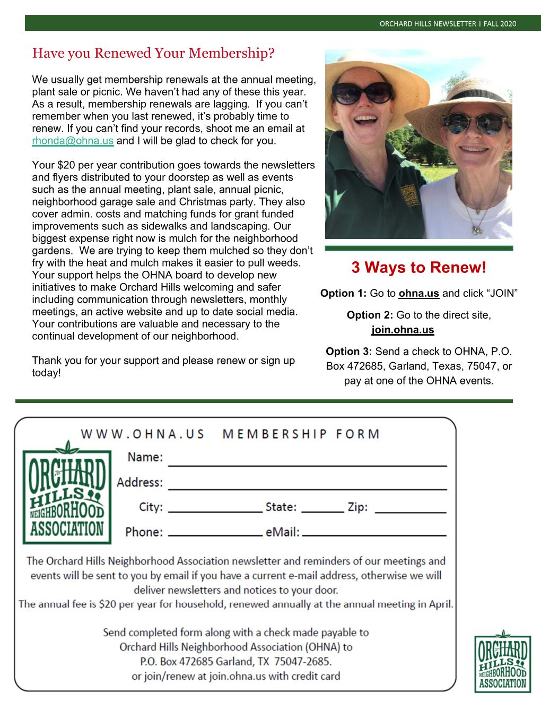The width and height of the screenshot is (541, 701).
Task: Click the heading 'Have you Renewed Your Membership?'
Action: [153, 53]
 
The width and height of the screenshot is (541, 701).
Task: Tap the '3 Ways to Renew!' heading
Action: [418, 268]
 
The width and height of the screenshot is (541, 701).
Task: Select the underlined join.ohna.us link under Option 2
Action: [403, 330]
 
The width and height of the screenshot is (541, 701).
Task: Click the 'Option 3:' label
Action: [349, 352]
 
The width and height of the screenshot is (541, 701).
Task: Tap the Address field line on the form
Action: [308, 487]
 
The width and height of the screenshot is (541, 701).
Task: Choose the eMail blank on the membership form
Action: [374, 535]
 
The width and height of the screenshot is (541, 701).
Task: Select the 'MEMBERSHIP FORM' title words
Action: [301, 434]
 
